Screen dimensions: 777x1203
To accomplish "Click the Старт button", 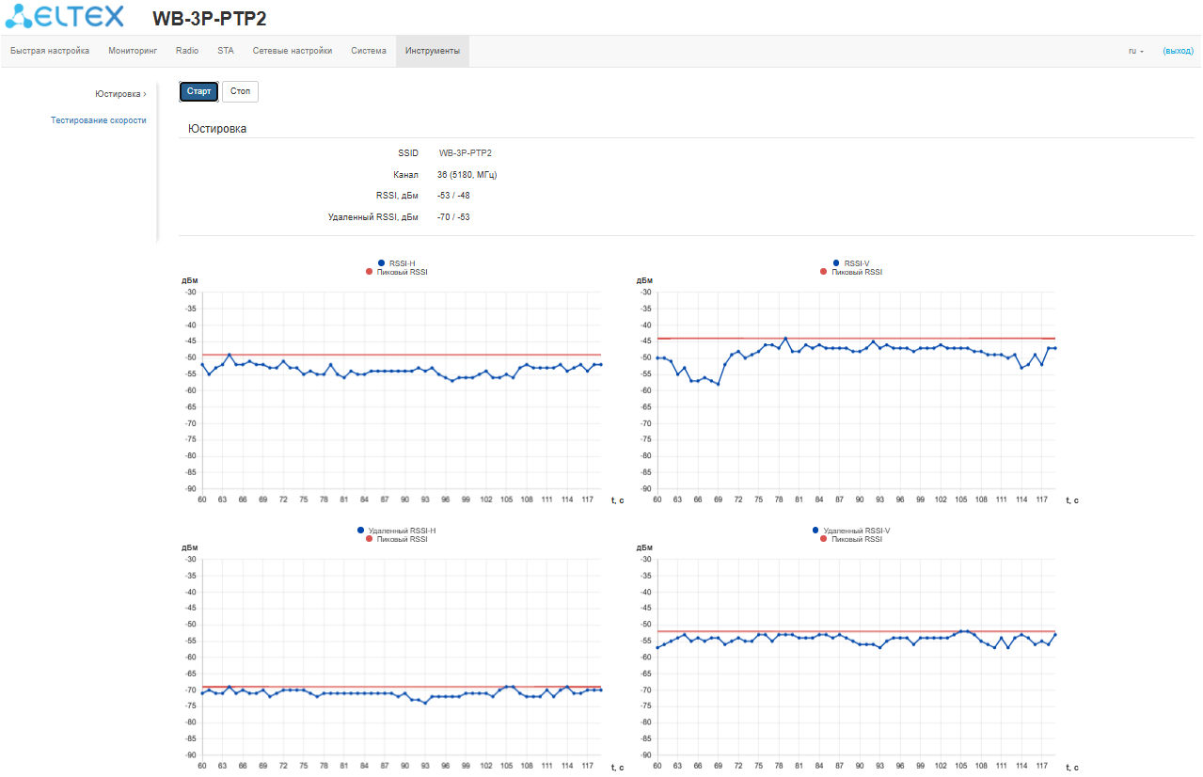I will (198, 91).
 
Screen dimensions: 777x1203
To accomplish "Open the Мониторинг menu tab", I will (133, 51).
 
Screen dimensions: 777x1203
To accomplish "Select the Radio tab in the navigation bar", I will (187, 51).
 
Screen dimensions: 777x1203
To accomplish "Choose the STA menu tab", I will (226, 51).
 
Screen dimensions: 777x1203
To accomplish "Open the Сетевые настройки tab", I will (293, 51).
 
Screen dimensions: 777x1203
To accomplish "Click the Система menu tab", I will (369, 51).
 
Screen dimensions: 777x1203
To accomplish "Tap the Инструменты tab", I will (433, 51).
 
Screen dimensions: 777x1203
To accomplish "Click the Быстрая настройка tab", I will (50, 51).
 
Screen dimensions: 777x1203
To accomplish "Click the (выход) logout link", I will (1178, 51).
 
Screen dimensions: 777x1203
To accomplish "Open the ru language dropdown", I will (1135, 51).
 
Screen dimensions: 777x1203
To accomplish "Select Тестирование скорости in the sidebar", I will (99, 120).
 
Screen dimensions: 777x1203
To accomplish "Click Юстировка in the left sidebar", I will (119, 94).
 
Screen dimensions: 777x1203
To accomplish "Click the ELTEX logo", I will (64, 17).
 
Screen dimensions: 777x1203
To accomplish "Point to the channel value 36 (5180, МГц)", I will (467, 175).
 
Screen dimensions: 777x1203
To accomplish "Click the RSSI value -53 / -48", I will (453, 196).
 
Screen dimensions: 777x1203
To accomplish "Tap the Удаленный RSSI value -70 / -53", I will (453, 217).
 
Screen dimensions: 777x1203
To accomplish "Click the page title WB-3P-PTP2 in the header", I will (209, 19).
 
